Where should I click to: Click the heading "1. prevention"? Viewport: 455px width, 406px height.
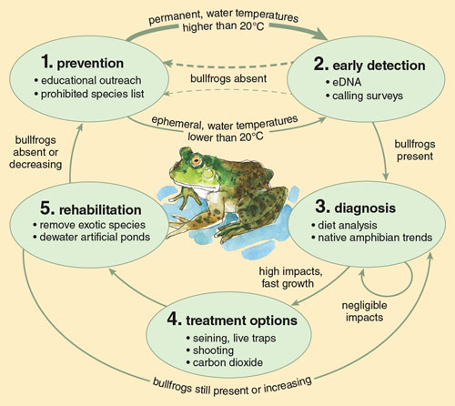pos(82,63)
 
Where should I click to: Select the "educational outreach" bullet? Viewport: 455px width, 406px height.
pos(88,80)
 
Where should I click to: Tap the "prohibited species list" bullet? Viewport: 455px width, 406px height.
pos(89,94)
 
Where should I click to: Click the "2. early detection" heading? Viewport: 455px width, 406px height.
pos(369,65)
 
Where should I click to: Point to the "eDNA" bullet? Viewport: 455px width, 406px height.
pos(343,82)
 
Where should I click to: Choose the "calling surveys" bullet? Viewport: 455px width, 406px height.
pos(364,96)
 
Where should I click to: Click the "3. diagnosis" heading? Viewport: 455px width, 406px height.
pos(356,208)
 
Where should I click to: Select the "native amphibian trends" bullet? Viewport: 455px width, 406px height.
pos(372,238)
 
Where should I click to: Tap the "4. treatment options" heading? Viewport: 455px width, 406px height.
pos(232,320)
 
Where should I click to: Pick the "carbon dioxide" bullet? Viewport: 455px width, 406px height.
pos(225,362)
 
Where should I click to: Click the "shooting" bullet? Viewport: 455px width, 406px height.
pos(210,350)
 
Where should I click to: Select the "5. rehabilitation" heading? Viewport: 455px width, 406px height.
pos(91,209)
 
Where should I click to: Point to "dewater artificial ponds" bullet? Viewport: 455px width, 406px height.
pos(92,237)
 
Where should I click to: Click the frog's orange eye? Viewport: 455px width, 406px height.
pos(197,160)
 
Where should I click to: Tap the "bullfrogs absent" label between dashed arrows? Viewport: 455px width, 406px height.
pos(228,78)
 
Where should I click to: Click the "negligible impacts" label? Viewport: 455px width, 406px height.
pos(364,311)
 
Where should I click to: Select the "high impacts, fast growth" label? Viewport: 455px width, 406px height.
pos(290,278)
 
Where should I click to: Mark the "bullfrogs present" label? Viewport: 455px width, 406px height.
pos(415,150)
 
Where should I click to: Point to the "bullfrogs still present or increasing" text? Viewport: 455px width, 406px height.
pos(232,387)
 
